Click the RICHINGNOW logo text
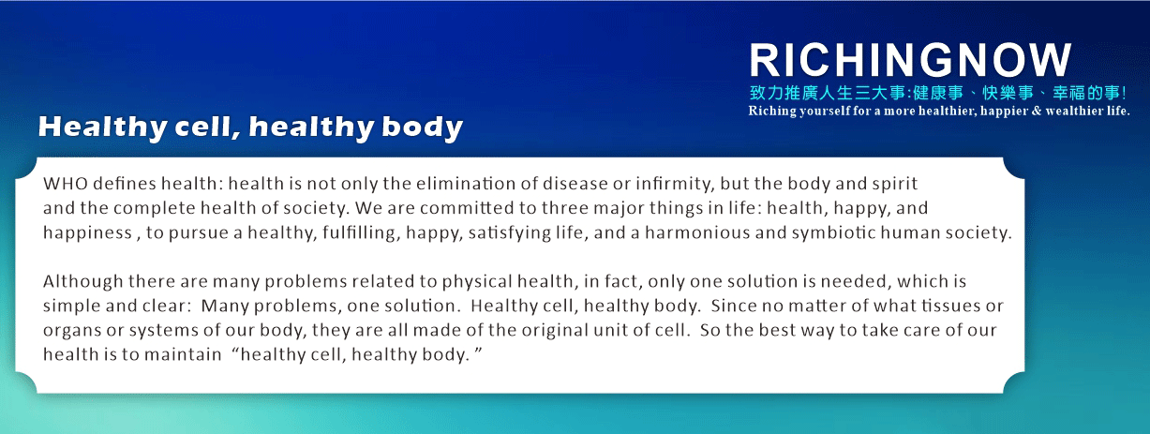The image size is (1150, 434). click(910, 60)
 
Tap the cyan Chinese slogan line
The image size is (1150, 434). click(938, 93)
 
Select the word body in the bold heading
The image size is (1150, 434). click(422, 127)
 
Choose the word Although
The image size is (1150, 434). click(83, 282)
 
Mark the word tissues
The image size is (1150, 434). click(950, 306)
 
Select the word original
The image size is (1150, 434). click(555, 331)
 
